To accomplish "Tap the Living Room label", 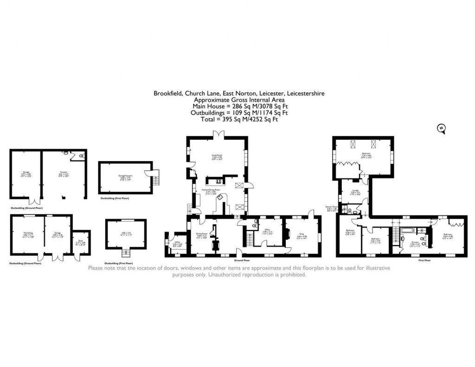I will [217, 157].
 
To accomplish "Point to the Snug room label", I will [302, 236].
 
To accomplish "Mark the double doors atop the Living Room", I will [216, 135].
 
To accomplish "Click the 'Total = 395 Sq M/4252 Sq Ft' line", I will [239, 119].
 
